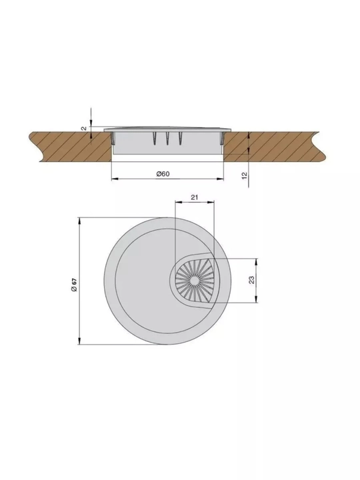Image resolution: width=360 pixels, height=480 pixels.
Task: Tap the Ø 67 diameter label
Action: (74, 285)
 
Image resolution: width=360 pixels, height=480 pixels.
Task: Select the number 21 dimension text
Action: (195, 197)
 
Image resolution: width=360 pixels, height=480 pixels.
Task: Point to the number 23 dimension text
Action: (251, 280)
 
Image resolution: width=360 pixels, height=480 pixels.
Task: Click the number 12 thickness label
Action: (245, 176)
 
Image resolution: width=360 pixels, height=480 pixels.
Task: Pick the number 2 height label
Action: (84, 129)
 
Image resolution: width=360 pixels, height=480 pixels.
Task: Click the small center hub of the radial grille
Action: (194, 281)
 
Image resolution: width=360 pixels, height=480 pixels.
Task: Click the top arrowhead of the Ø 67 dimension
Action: (79, 221)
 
